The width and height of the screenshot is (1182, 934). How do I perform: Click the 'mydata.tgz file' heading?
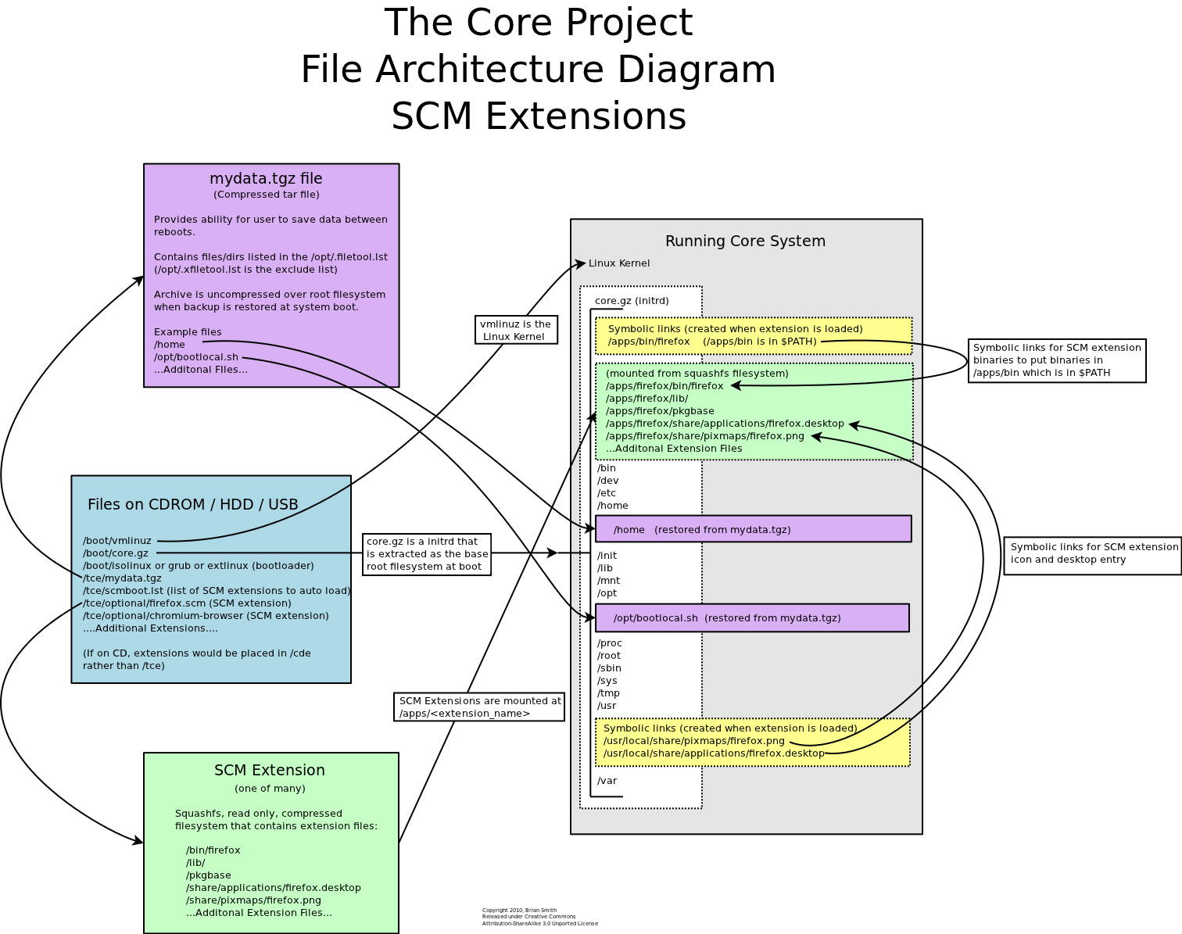(266, 179)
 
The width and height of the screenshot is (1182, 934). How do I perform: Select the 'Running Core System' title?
(745, 241)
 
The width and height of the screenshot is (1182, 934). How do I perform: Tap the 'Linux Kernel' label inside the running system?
(619, 263)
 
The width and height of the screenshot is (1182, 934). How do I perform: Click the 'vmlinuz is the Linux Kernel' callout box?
(516, 330)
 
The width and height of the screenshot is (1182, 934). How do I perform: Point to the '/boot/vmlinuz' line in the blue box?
(117, 541)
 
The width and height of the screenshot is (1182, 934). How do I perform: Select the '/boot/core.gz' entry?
(116, 553)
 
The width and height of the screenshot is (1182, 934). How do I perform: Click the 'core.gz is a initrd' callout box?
(427, 554)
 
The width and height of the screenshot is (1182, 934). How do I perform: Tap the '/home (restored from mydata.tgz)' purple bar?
(753, 529)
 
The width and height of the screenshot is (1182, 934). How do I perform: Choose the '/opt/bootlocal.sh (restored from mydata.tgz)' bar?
(752, 617)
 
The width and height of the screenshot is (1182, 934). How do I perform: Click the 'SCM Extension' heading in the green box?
(270, 770)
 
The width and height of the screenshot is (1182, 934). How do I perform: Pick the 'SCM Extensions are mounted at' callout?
(479, 707)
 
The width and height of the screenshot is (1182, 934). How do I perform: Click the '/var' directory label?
(607, 781)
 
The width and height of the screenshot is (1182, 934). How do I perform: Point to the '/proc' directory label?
(610, 643)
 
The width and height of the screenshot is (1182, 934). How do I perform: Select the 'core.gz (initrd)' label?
(632, 301)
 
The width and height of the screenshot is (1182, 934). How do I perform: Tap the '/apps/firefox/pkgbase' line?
(660, 411)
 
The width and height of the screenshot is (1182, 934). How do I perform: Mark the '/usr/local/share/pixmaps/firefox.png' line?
(694, 741)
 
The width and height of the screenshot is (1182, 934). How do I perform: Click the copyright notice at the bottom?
(539, 917)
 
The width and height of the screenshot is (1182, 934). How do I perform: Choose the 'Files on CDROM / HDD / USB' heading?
(193, 504)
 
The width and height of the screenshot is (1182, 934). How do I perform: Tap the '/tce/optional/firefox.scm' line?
(187, 603)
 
